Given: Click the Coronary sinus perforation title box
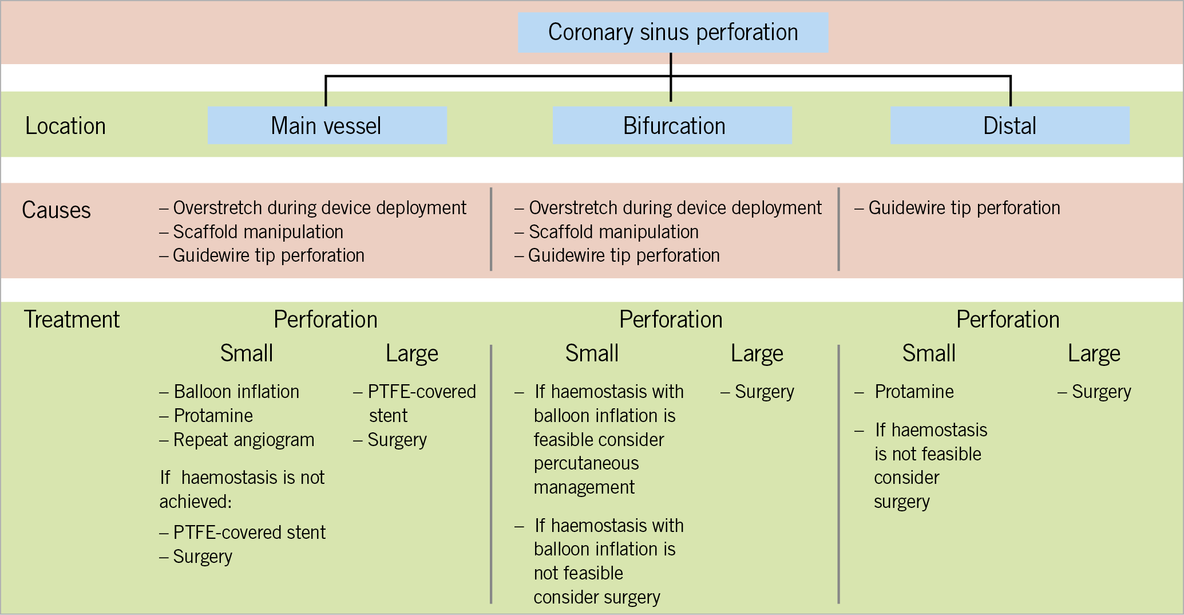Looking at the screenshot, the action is pos(673,33).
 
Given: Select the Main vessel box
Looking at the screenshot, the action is pos(327,125).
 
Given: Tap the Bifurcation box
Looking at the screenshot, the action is pos(672,125).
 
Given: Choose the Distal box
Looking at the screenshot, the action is pos(1010,125).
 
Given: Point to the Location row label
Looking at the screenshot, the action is pos(66,126).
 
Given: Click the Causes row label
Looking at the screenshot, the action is pos(56,210).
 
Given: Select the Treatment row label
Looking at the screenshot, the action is pos(72,320).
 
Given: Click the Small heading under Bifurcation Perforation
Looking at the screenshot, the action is pos(592,353).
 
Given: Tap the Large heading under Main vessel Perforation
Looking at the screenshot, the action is pos(412,354).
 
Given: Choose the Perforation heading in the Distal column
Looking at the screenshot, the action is pos(1008,320).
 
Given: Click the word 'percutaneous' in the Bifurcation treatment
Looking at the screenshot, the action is pos(587,463).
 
